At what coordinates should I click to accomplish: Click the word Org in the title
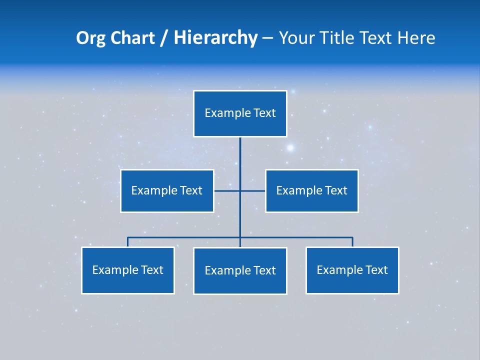(x=90, y=38)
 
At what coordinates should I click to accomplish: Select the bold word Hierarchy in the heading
(x=215, y=38)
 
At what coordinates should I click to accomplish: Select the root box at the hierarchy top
(x=240, y=113)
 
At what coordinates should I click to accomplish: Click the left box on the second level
(x=167, y=191)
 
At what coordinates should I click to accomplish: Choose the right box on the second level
(x=311, y=191)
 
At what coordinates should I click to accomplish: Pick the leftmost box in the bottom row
(x=128, y=270)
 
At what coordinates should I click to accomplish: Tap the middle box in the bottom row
(x=240, y=270)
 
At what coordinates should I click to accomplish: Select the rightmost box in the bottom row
(x=352, y=270)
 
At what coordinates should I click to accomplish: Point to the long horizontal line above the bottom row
(x=185, y=237)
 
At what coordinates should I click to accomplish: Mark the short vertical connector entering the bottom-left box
(x=128, y=242)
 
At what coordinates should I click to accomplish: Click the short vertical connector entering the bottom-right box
(x=352, y=242)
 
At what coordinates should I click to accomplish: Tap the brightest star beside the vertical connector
(x=290, y=148)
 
